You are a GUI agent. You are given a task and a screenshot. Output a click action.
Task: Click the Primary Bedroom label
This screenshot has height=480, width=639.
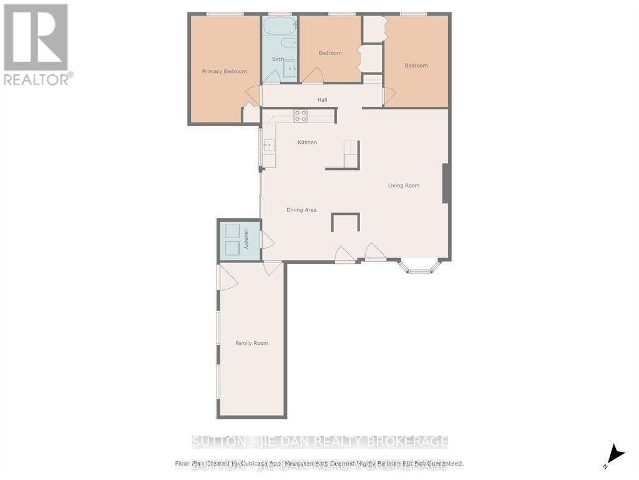224,71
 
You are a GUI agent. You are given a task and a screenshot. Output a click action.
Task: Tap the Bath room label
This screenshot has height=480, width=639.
278,59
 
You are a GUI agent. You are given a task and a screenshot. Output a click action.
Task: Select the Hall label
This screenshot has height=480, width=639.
322,99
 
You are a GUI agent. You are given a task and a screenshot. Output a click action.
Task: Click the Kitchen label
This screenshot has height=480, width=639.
307,142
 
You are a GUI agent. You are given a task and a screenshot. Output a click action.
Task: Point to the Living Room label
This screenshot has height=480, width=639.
404,186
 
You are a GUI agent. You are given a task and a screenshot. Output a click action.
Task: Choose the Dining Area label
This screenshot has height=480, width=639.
301,210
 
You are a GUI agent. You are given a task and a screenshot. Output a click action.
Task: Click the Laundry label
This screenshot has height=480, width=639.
246,238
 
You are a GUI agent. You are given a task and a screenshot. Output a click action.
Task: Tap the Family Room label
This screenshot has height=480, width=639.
251,343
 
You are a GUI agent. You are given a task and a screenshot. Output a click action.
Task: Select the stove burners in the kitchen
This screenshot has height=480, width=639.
301,116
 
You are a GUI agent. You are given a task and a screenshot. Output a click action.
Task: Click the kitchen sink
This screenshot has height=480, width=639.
269,146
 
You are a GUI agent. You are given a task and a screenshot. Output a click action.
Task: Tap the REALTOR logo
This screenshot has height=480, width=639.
37,44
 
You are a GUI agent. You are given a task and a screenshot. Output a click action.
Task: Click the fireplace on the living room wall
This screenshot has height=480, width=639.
446,183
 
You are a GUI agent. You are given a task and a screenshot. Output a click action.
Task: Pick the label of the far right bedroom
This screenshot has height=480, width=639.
416,66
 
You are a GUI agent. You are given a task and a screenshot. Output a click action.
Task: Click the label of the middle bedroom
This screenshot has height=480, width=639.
330,53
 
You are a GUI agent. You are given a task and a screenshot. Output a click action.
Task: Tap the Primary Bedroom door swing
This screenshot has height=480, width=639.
253,95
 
